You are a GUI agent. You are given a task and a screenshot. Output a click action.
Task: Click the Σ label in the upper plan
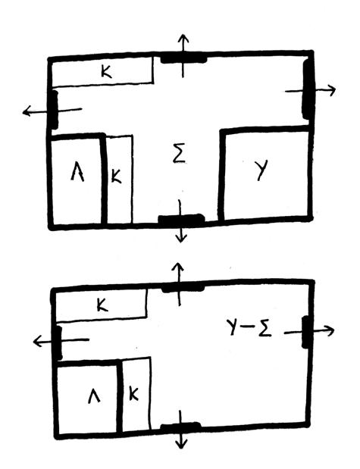180,155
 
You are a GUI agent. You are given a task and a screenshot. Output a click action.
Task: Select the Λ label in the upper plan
77,174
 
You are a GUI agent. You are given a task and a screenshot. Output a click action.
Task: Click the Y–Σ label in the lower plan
249,328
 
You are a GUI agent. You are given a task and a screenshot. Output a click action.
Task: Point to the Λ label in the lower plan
94,397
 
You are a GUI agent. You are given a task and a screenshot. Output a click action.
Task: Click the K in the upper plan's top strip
106,72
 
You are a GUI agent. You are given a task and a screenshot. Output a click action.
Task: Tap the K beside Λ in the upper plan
116,176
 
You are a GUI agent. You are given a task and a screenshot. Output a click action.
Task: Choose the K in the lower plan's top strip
102,305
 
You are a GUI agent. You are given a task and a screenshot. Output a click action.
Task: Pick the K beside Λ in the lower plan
133,394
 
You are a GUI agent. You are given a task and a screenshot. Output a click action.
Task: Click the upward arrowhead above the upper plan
183,39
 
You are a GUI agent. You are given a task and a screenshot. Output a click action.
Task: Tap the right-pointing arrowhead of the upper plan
332,89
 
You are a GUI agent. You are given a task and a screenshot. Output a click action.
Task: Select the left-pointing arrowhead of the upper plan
27,111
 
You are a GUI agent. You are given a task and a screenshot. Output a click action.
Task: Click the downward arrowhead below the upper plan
180,239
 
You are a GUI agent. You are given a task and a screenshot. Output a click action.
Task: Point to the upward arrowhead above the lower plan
179,267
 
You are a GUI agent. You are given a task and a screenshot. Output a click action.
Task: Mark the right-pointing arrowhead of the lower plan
330,330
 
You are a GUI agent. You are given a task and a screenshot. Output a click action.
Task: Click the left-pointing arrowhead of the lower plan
37,341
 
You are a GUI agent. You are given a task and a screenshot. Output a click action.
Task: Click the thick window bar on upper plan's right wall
308,89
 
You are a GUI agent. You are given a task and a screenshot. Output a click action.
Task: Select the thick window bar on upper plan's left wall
54,110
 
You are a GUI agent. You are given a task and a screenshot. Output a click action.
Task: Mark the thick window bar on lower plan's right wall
306,332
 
